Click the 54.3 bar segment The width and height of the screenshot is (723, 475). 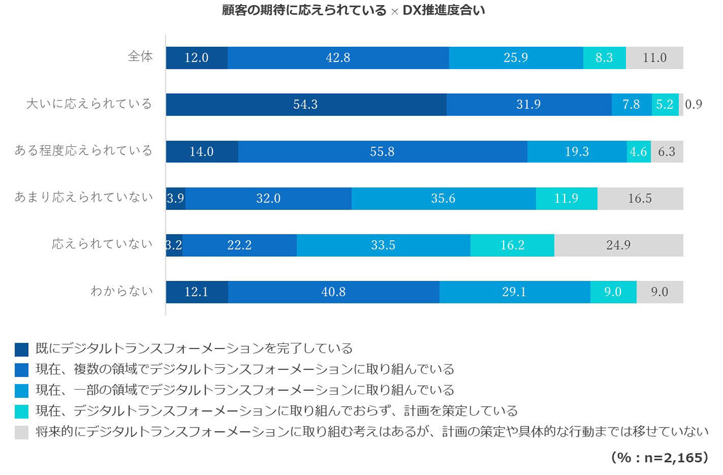click(x=306, y=104)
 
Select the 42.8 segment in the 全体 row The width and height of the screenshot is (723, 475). click(x=338, y=58)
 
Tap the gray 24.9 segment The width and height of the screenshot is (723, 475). click(x=619, y=245)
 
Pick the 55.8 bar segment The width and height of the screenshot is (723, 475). click(x=382, y=151)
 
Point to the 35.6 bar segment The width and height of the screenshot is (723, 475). click(x=443, y=198)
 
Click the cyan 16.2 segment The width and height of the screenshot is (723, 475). click(x=512, y=245)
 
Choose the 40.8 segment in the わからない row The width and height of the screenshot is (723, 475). click(x=333, y=292)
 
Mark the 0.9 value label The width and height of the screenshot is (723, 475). click(x=693, y=104)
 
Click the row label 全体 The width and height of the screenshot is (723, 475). click(x=140, y=56)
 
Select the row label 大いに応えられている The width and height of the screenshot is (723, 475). click(x=90, y=103)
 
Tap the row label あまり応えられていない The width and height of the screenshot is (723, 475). click(x=84, y=197)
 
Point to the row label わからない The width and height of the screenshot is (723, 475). click(x=121, y=291)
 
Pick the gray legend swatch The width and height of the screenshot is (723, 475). click(x=21, y=433)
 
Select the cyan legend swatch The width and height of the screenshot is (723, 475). click(x=21, y=412)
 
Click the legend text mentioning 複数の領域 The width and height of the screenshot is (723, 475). click(x=245, y=370)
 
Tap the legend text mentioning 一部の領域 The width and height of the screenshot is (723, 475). click(x=245, y=390)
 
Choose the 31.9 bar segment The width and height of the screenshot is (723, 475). click(x=528, y=104)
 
